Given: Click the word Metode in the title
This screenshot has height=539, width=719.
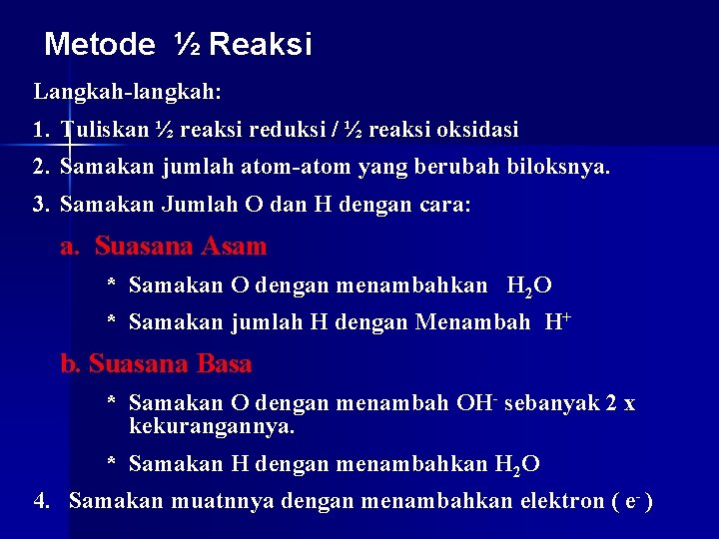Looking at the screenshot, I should click(100, 45).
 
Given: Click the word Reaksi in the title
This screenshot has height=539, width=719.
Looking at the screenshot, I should click(261, 45).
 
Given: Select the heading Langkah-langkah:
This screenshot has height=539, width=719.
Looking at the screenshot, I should click(128, 92).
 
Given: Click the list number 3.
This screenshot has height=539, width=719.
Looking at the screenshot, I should click(40, 205).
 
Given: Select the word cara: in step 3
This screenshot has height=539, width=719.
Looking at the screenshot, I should click(444, 205).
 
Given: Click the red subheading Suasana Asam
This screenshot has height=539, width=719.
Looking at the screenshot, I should click(181, 246).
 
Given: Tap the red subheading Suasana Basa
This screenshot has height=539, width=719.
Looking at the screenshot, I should click(170, 364).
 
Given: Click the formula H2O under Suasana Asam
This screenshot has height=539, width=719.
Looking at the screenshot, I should click(528, 286).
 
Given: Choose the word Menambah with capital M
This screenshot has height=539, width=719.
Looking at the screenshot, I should click(472, 323).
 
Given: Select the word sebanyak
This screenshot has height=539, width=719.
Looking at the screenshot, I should click(552, 403).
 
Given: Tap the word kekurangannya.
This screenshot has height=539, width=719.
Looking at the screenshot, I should click(212, 426).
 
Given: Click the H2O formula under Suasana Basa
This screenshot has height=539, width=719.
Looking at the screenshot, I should click(516, 464).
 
